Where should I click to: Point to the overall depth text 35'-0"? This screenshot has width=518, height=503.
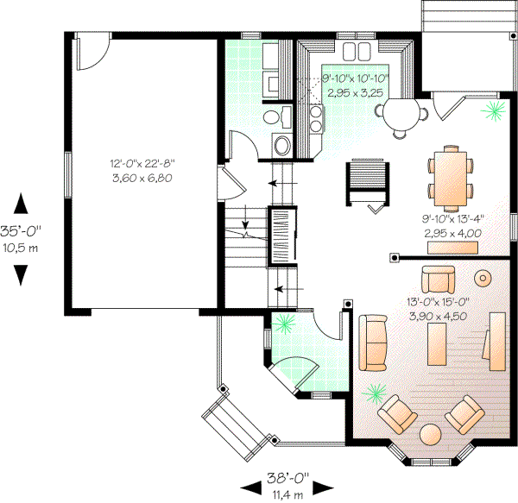pos(22,231)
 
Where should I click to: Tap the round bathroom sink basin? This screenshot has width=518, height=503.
pos(281,144)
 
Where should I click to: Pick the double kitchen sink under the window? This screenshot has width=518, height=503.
pos(355,48)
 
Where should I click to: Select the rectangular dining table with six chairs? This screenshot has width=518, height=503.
pos(451,178)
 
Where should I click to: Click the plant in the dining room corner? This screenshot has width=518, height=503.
pos(495,110)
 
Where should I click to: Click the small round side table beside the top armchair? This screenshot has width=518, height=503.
pos(483,278)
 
